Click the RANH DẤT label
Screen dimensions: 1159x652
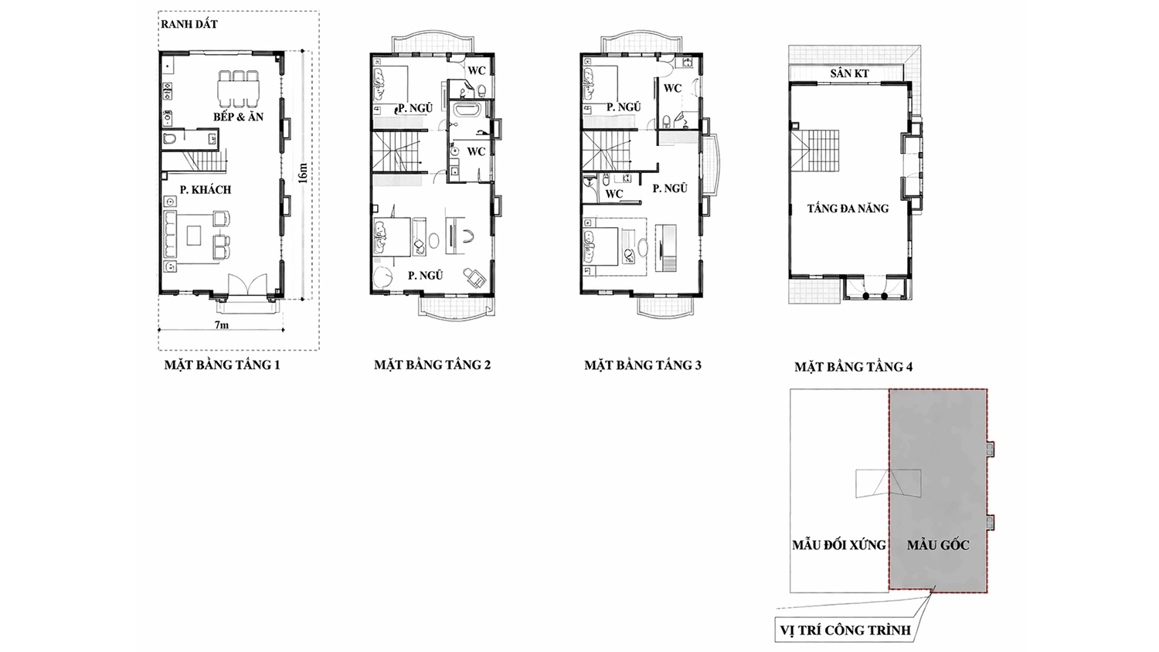[x=189, y=24]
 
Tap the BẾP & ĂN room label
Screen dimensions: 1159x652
[x=238, y=117]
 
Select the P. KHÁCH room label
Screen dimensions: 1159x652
[x=206, y=190]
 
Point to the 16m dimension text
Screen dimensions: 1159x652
[x=303, y=173]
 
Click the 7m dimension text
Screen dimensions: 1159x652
[x=221, y=325]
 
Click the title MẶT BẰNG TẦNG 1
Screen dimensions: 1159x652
[x=222, y=365]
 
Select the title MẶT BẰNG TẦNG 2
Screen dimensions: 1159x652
[x=432, y=365]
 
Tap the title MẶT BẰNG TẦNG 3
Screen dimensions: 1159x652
[x=643, y=365]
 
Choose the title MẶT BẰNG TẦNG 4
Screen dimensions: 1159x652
[x=853, y=367]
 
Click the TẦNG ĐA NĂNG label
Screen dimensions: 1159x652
[x=848, y=209]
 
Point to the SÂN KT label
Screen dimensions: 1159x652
[x=849, y=73]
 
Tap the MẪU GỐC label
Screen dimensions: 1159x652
[x=938, y=545]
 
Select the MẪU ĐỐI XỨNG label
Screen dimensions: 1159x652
[x=838, y=545]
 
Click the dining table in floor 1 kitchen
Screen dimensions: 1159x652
[x=238, y=89]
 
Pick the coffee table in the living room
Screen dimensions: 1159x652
[x=194, y=236]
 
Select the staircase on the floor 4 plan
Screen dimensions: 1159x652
[x=814, y=151]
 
